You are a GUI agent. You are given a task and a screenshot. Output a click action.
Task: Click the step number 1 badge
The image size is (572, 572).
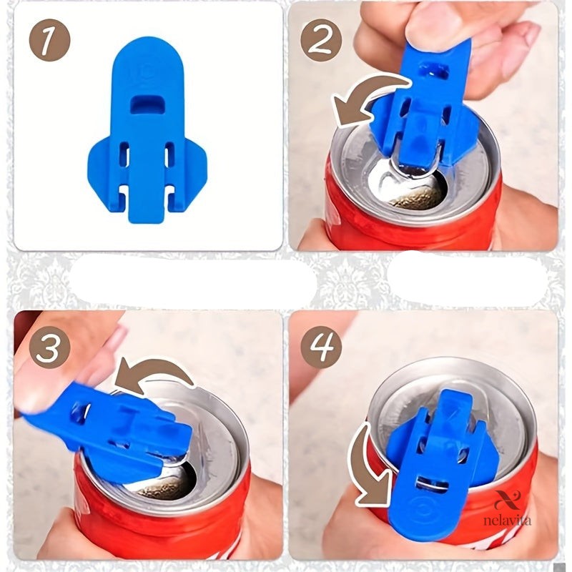[x=49, y=40]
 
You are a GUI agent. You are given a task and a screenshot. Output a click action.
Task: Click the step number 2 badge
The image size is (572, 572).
[x=321, y=40]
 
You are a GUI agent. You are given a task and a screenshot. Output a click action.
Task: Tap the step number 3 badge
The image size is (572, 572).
[x=49, y=347]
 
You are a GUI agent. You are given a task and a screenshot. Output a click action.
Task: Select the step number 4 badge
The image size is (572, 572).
[x=321, y=347]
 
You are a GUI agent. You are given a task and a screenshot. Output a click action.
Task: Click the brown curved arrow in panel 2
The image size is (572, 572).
[x=368, y=92]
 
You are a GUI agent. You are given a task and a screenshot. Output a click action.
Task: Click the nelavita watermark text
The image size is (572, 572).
[x=508, y=521]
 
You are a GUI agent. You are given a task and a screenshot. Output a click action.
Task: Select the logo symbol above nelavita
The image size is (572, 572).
[x=508, y=500]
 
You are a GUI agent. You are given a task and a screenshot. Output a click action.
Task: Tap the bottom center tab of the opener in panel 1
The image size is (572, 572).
[x=148, y=206]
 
